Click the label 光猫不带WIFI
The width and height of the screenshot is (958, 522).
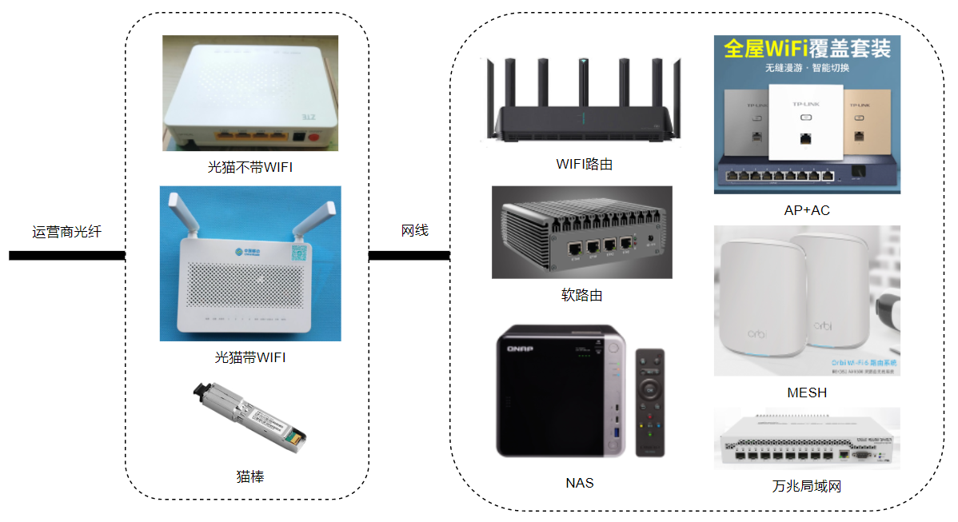pos(250,168)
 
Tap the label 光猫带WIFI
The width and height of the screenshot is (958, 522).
pos(250,357)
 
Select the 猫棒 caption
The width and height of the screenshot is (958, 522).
pos(250,476)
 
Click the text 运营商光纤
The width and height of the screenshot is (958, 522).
pos(67,232)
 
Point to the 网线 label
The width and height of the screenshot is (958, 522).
pos(414,231)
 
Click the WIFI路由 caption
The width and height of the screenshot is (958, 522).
pos(585,165)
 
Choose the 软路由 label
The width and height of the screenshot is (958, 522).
pos(581,295)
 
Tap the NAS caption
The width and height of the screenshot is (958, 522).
pos(580,482)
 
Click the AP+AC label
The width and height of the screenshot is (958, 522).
pos(807,210)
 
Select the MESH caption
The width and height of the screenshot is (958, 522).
pos(807,392)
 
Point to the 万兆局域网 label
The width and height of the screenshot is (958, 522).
pos(807,486)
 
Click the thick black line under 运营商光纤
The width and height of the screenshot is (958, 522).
pos(67,256)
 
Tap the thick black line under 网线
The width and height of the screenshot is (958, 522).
pos(409,256)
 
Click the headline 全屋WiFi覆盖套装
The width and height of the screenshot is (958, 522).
pos(807,49)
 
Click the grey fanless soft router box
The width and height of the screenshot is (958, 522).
pos(581,232)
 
